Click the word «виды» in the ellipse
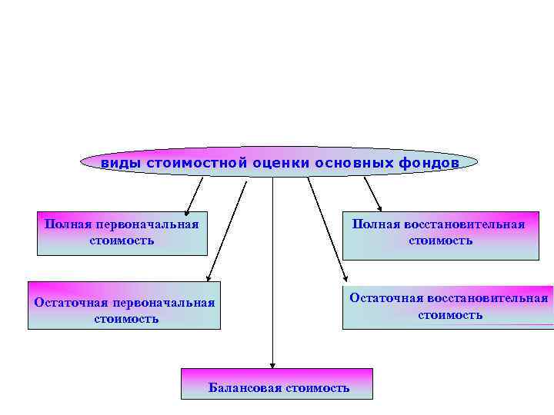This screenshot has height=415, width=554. coord(120,164)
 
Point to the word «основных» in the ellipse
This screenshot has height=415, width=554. coord(355,164)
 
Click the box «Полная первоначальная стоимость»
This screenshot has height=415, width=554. coord(122,232)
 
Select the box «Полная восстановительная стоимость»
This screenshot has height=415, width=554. coord(440,232)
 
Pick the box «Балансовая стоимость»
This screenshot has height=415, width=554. coord(277,383)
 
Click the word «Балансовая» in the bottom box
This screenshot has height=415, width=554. coord(245,388)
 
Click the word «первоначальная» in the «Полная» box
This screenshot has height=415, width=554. coord(148,224)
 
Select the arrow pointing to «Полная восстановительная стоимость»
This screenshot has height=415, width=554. coord(372,194)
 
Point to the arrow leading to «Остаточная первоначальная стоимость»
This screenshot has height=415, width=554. coord(225,231)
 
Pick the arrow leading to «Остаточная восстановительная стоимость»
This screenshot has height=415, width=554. coord(327,231)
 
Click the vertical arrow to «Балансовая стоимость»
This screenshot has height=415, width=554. coord(272,269)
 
